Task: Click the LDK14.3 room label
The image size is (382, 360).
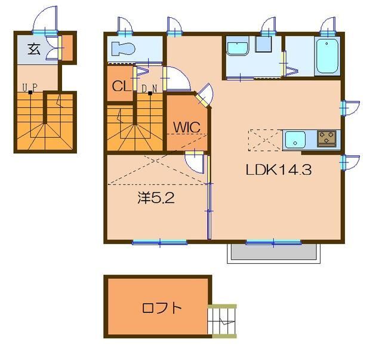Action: pyautogui.click(x=279, y=170)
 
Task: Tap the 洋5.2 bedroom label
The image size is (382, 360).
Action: pyautogui.click(x=156, y=198)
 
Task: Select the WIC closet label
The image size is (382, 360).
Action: pyautogui.click(x=187, y=127)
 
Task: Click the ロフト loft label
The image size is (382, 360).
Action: pyautogui.click(x=162, y=308)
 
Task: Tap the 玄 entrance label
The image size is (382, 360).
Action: pyautogui.click(x=34, y=49)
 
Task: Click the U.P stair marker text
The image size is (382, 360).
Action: pyautogui.click(x=30, y=88)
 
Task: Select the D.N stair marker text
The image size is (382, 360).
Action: pyautogui.click(x=149, y=88)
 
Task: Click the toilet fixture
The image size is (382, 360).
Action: pyautogui.click(x=124, y=48)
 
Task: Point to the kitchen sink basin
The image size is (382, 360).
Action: pyautogui.click(x=295, y=140)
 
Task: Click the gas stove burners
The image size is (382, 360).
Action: pyautogui.click(x=327, y=139)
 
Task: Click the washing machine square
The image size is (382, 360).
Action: pyautogui.click(x=263, y=44)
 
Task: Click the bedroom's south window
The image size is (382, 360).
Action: pyautogui.click(x=159, y=242)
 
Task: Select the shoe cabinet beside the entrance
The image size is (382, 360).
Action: pyautogui.click(x=67, y=48)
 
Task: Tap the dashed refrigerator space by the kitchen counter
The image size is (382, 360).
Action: pyautogui.click(x=265, y=140)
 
